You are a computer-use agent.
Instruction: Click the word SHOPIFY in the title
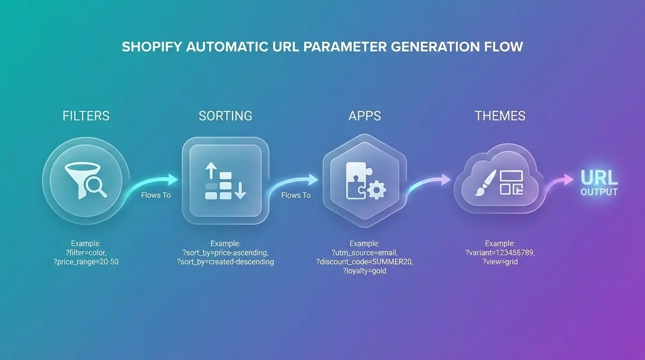tap(152, 47)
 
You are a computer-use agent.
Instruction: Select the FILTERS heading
tap(86, 116)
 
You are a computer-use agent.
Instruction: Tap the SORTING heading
tap(225, 116)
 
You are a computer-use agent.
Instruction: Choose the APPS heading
tap(365, 116)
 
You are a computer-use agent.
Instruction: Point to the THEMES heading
tap(500, 116)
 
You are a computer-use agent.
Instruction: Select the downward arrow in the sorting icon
tap(240, 191)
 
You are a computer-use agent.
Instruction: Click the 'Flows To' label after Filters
tap(156, 195)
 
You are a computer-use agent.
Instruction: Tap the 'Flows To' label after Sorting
tap(296, 195)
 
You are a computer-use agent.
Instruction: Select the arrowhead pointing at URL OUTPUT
tap(569, 180)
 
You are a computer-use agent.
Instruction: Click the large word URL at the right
tap(599, 178)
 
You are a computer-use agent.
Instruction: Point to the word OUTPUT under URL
tap(599, 192)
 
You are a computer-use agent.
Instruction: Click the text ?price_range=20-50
tap(86, 262)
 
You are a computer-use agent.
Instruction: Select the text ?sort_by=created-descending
tap(225, 262)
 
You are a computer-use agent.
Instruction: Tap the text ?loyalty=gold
tap(365, 271)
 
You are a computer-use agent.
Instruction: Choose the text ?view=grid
tap(500, 262)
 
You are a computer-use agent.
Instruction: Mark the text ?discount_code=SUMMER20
tap(365, 262)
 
